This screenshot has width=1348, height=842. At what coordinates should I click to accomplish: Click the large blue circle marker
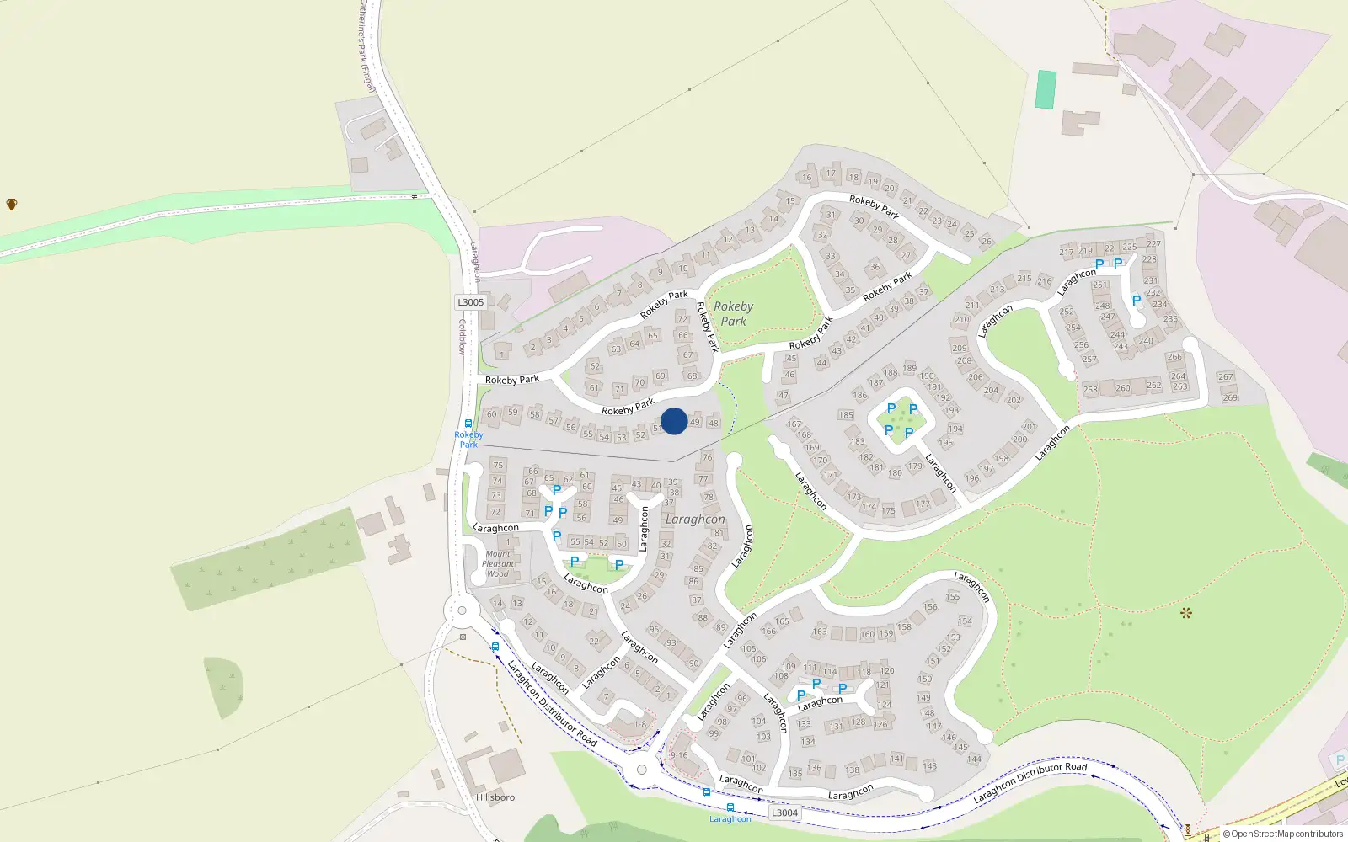tap(674, 421)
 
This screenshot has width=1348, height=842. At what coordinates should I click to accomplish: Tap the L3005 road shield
tap(471, 302)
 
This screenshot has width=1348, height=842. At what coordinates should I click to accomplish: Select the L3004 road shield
tap(784, 813)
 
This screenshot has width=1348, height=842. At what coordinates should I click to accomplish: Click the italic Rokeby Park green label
tap(733, 314)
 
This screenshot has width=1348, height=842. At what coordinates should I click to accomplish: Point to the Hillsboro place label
tap(495, 797)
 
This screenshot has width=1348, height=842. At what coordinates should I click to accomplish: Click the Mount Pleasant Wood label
tap(498, 564)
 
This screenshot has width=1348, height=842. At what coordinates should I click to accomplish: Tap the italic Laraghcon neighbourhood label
tap(695, 520)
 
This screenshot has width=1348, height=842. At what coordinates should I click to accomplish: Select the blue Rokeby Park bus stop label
tap(468, 439)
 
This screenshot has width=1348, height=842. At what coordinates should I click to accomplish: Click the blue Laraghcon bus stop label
tap(730, 818)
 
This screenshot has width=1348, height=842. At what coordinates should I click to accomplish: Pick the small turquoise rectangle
tap(1046, 89)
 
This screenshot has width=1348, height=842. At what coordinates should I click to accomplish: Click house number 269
tap(1229, 397)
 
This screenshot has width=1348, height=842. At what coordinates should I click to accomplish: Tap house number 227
tap(1153, 244)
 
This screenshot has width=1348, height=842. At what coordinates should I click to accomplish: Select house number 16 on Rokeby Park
tap(806, 177)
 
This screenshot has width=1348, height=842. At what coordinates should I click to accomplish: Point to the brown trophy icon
tap(12, 204)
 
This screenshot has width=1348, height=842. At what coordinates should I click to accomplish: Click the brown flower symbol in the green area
tap(1186, 612)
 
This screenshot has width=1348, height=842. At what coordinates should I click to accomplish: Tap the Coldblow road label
tap(462, 336)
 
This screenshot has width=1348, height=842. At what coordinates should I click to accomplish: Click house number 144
tap(974, 759)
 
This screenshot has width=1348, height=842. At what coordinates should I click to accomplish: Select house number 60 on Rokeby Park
tap(492, 414)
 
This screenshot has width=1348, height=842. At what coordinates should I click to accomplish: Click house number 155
tap(952, 596)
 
